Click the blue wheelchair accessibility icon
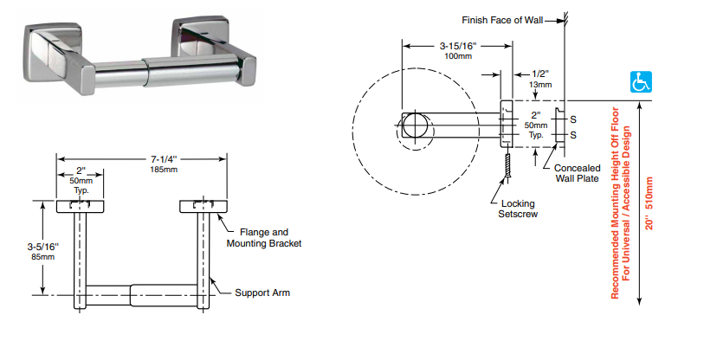pos(641,82)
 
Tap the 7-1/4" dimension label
pos(164,159)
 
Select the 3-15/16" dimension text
pos(458,46)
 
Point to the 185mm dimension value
pos(164,170)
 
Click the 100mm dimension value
pos(458,56)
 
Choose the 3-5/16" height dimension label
pos(42,247)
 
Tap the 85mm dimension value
pos(42,257)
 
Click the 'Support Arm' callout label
pos(262,292)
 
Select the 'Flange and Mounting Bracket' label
pos(264,238)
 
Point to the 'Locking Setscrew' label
pos(518,209)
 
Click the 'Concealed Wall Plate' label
pos(577,173)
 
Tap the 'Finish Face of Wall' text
pos(502,20)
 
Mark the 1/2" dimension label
pos(540,74)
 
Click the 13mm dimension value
pos(540,85)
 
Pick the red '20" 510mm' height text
pos(649,203)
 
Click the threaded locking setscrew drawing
pos(507,165)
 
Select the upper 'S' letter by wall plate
pos(573,119)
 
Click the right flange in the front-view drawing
pos(203,207)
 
